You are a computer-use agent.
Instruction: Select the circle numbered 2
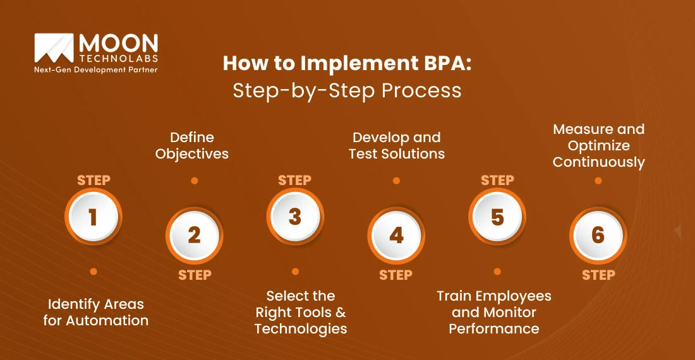click(194, 236)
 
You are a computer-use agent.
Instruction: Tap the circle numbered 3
click(295, 217)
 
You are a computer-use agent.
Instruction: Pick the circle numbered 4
click(396, 236)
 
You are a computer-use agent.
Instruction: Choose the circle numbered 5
click(497, 217)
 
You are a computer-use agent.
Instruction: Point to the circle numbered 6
click(598, 236)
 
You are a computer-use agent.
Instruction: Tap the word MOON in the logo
click(118, 45)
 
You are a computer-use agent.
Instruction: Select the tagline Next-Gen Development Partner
click(95, 69)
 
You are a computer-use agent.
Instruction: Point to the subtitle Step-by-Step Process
click(347, 90)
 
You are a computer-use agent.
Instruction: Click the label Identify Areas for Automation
click(96, 313)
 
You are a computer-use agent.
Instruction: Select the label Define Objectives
click(193, 145)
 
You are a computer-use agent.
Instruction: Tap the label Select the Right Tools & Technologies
click(301, 312)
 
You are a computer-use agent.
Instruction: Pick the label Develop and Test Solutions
click(397, 145)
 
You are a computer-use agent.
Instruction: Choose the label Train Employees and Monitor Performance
click(494, 312)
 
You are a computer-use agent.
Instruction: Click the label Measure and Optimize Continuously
click(598, 145)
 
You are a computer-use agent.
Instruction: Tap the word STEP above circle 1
click(94, 180)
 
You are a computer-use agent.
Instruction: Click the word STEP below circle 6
click(598, 275)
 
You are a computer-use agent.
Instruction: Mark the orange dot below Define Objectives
click(195, 181)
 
